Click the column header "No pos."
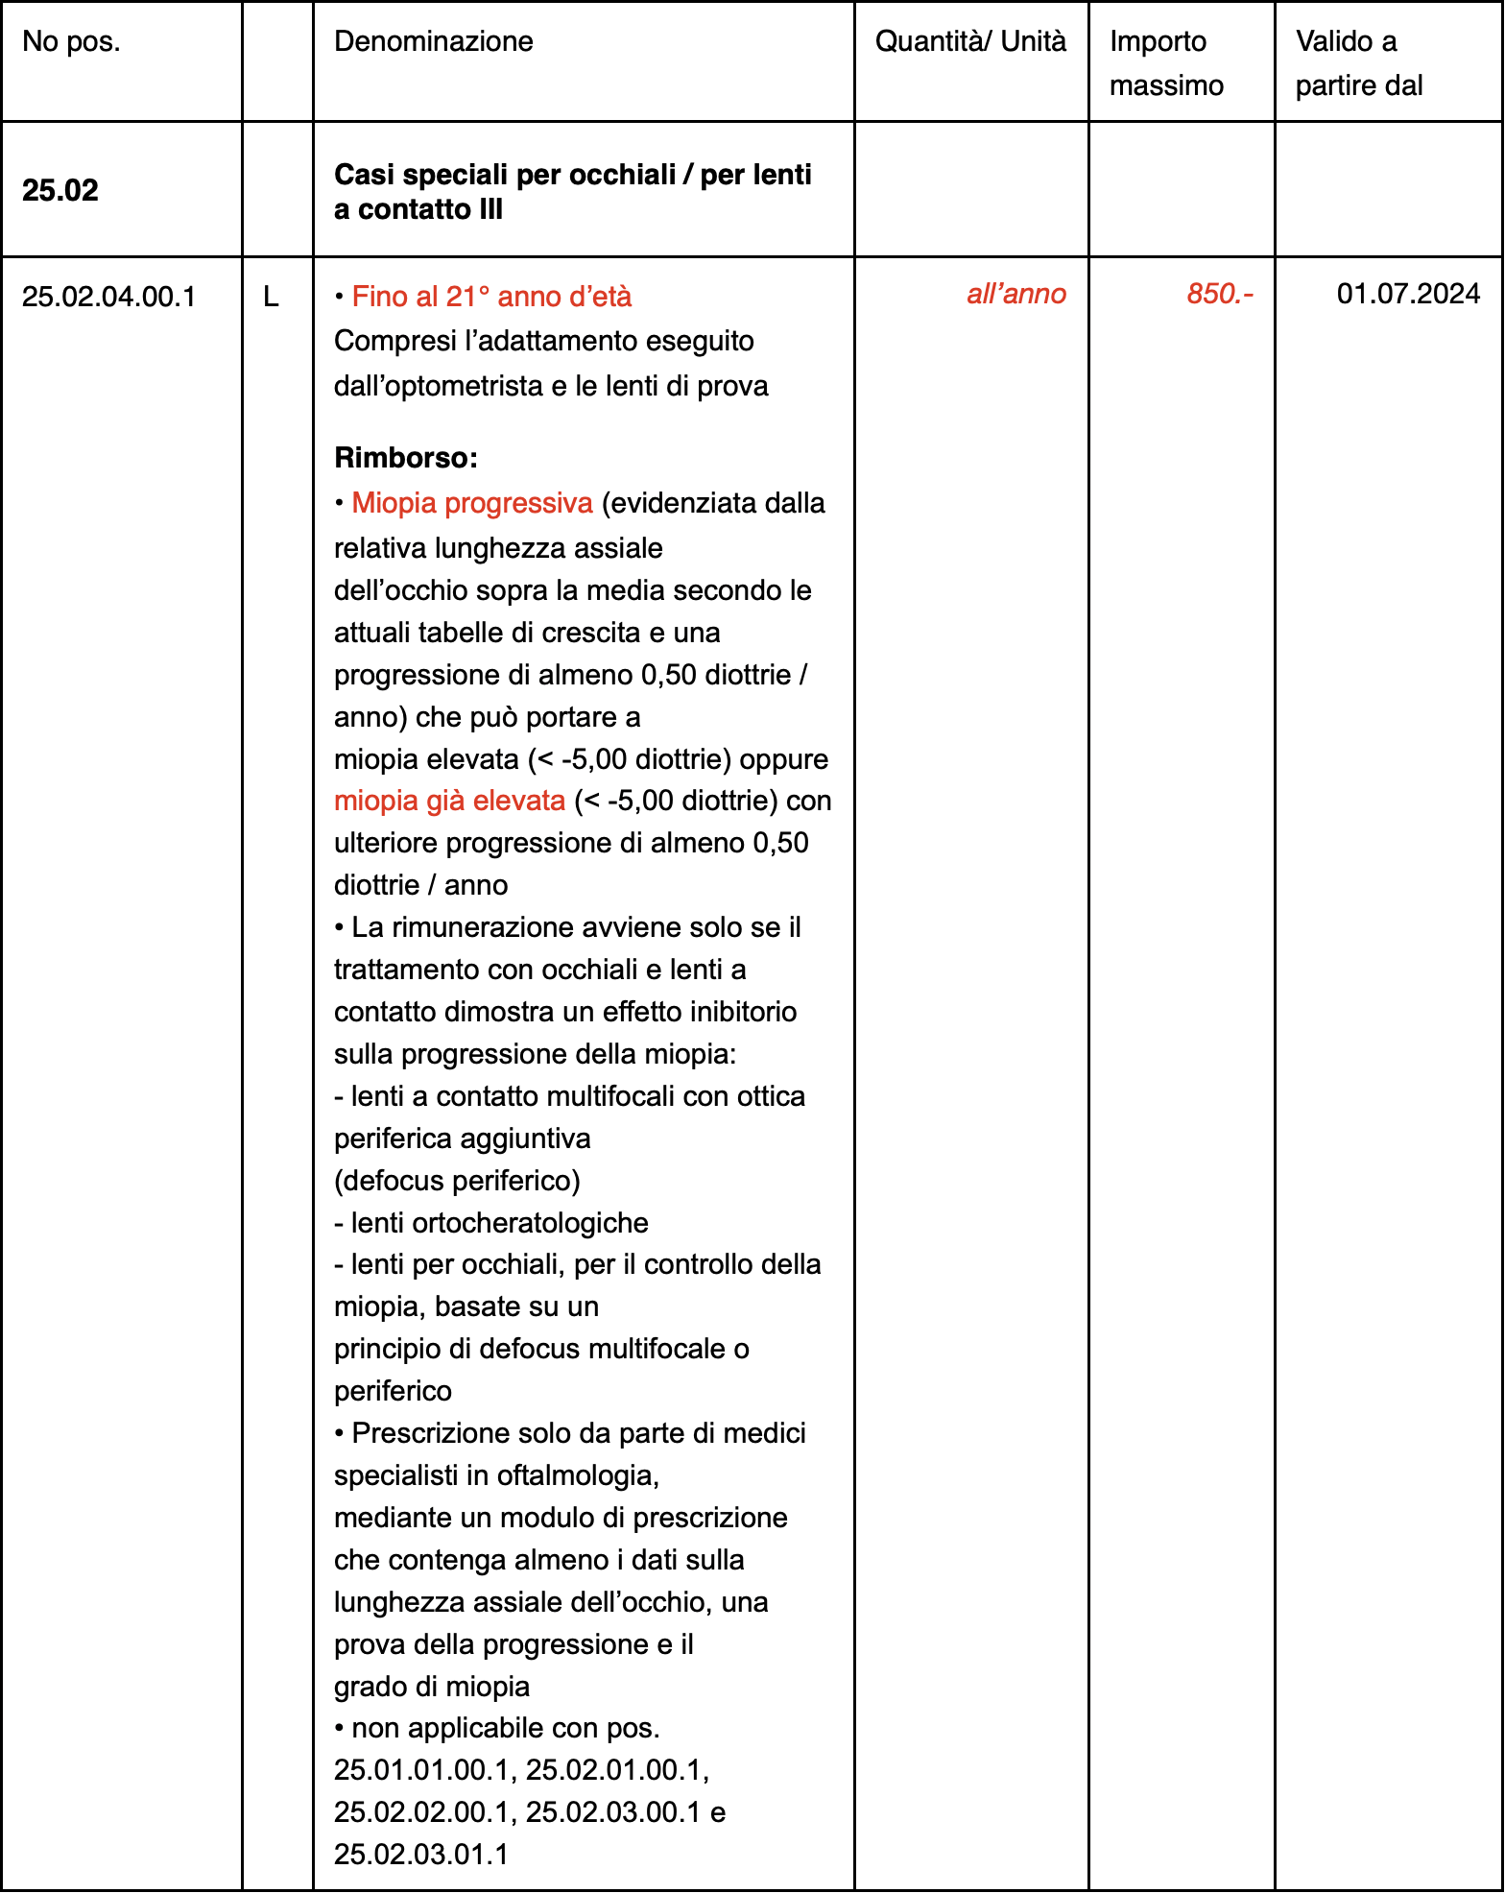(x=71, y=41)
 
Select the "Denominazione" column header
(x=433, y=41)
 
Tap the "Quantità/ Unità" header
(x=970, y=41)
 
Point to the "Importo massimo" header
(x=1166, y=63)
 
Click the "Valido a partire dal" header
(x=1358, y=63)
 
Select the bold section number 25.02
(x=60, y=190)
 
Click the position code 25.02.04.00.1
(x=108, y=297)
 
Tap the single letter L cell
(x=271, y=297)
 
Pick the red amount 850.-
(x=1219, y=294)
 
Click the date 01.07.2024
(x=1408, y=294)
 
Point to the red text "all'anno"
(x=1015, y=294)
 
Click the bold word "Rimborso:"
(x=405, y=458)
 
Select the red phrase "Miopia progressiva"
(x=472, y=503)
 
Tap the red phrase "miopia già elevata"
(x=449, y=801)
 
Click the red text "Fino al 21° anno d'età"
(x=491, y=297)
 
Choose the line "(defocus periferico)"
(x=457, y=1180)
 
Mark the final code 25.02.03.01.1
(x=420, y=1854)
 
